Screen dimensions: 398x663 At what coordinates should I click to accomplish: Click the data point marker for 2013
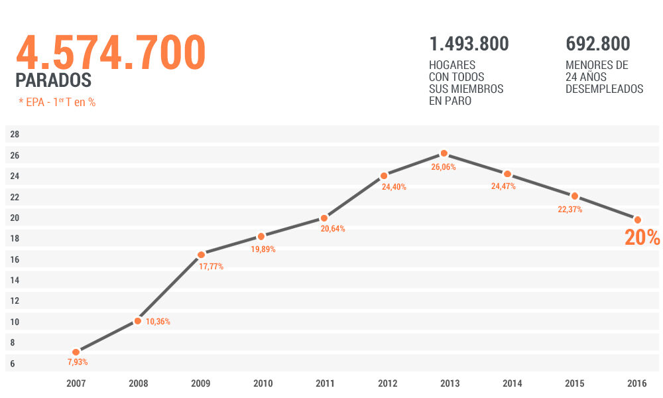click(444, 153)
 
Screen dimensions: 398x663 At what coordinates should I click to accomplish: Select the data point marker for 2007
click(76, 352)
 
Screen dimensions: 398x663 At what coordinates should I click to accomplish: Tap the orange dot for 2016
click(638, 220)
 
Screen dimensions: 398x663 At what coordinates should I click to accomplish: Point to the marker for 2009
click(201, 255)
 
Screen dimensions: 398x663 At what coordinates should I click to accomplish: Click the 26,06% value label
click(444, 167)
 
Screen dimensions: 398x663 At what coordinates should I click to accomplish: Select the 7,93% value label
click(78, 362)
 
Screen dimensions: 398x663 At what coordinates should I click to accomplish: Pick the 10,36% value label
click(158, 322)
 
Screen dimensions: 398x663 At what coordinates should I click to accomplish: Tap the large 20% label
click(642, 237)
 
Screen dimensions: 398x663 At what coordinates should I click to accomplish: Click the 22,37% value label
click(570, 210)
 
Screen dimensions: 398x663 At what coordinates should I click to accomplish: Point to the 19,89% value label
click(263, 249)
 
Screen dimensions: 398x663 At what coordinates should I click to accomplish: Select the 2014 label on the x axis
click(512, 383)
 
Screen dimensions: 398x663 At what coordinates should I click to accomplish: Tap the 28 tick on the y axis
click(15, 135)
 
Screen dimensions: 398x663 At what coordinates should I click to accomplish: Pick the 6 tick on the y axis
click(13, 364)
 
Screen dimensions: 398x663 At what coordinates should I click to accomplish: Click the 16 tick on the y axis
click(15, 259)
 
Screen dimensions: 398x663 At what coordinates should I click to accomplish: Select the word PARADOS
click(53, 81)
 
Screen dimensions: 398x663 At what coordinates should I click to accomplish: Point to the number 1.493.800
click(469, 44)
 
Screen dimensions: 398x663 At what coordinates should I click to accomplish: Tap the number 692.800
click(597, 44)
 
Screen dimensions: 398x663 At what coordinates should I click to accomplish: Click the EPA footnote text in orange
click(57, 102)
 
